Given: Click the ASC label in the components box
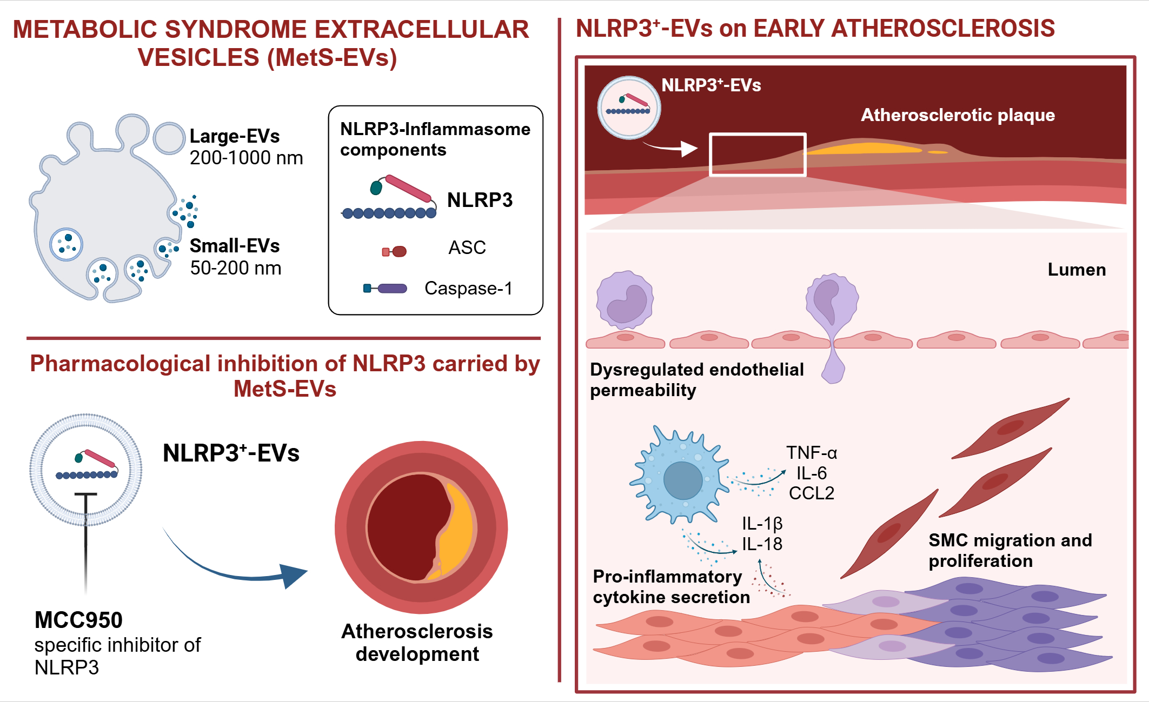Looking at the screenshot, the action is pyautogui.click(x=467, y=248).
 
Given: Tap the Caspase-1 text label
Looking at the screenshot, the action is pyautogui.click(x=468, y=288).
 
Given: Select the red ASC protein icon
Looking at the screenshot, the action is pyautogui.click(x=394, y=251).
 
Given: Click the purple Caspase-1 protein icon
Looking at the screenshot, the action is pyautogui.click(x=385, y=289).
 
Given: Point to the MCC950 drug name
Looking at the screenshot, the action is pyautogui.click(x=78, y=620).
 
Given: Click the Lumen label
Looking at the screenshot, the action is pyautogui.click(x=1077, y=269).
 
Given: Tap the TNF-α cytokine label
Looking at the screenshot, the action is pyautogui.click(x=812, y=452).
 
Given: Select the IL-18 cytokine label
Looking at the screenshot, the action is pyautogui.click(x=762, y=544).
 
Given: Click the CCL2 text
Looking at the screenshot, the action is pyautogui.click(x=812, y=493).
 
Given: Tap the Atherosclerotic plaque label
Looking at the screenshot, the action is pyautogui.click(x=958, y=115).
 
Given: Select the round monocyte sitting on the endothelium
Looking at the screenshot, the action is pyautogui.click(x=625, y=300).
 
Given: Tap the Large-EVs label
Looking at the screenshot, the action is pyautogui.click(x=235, y=136).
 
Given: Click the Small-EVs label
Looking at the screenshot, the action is pyautogui.click(x=235, y=246).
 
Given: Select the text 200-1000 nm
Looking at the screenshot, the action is pyautogui.click(x=246, y=158).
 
